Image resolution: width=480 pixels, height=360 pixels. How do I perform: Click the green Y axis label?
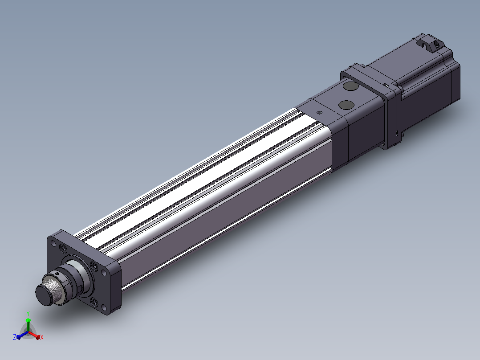[28, 313]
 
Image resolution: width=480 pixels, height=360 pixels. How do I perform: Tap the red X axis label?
[42, 337]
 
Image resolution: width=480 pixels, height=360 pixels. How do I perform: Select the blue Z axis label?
[15, 337]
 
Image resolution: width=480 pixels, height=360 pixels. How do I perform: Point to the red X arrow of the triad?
[34, 335]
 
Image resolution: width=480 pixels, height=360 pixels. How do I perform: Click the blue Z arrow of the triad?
[22, 335]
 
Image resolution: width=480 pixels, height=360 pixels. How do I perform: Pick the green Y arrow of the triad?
[28, 325]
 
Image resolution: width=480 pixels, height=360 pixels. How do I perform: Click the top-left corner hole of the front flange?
[53, 244]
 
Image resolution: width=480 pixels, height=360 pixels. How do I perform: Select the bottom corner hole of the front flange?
[104, 307]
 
